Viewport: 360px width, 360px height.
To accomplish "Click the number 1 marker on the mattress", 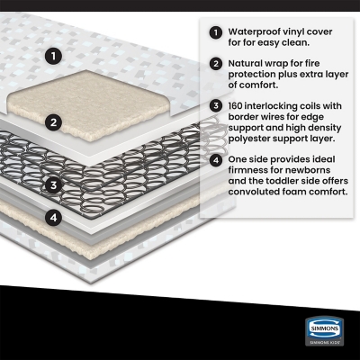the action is coord(54,56).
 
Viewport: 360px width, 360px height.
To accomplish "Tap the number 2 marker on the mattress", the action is coord(54,122).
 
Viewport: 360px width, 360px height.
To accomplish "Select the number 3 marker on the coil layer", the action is coord(54,185).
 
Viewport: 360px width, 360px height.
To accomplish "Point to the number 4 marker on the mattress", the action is coord(54,217).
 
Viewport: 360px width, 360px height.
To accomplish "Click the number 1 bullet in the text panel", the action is coord(216,32).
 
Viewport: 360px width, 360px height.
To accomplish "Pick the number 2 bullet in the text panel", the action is coord(216,64).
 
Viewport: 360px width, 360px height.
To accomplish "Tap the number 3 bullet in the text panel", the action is coord(216,106).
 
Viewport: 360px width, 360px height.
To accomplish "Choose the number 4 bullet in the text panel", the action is coord(216,160).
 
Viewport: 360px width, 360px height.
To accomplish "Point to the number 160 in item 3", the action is coord(236,106).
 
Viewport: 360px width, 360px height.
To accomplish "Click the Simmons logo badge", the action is coord(324,331).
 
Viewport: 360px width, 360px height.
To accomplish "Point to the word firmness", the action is coord(247,170).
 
